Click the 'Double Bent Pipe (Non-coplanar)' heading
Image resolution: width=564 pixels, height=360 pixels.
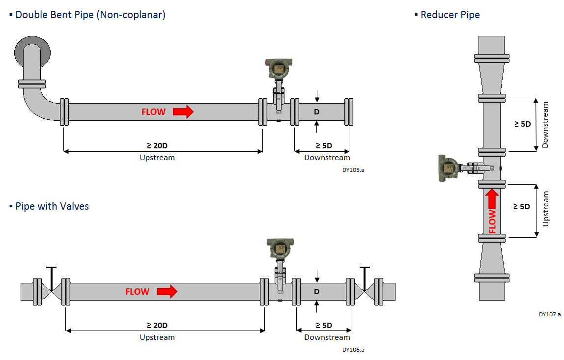[90, 15]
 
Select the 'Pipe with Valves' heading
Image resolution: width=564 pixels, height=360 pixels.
[52, 206]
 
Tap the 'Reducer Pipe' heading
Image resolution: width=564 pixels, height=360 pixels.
[450, 15]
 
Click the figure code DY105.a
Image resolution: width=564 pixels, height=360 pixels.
[353, 170]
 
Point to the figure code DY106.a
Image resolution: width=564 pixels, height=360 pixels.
[353, 350]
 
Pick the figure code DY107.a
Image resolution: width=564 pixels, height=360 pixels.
[549, 314]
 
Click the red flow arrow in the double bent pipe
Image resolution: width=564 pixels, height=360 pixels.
[183, 112]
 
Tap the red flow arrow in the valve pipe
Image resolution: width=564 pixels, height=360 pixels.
[167, 292]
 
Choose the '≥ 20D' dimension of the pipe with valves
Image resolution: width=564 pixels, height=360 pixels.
[157, 325]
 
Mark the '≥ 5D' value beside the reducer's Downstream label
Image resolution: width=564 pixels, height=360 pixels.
[522, 124]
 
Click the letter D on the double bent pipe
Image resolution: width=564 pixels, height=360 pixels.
[317, 112]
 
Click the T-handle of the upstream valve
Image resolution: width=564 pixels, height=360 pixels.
[51, 269]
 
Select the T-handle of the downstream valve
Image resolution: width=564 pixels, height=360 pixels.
[364, 269]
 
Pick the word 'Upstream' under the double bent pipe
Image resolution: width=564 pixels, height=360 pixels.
[157, 158]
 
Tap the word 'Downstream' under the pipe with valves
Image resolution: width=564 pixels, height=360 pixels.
[327, 337]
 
